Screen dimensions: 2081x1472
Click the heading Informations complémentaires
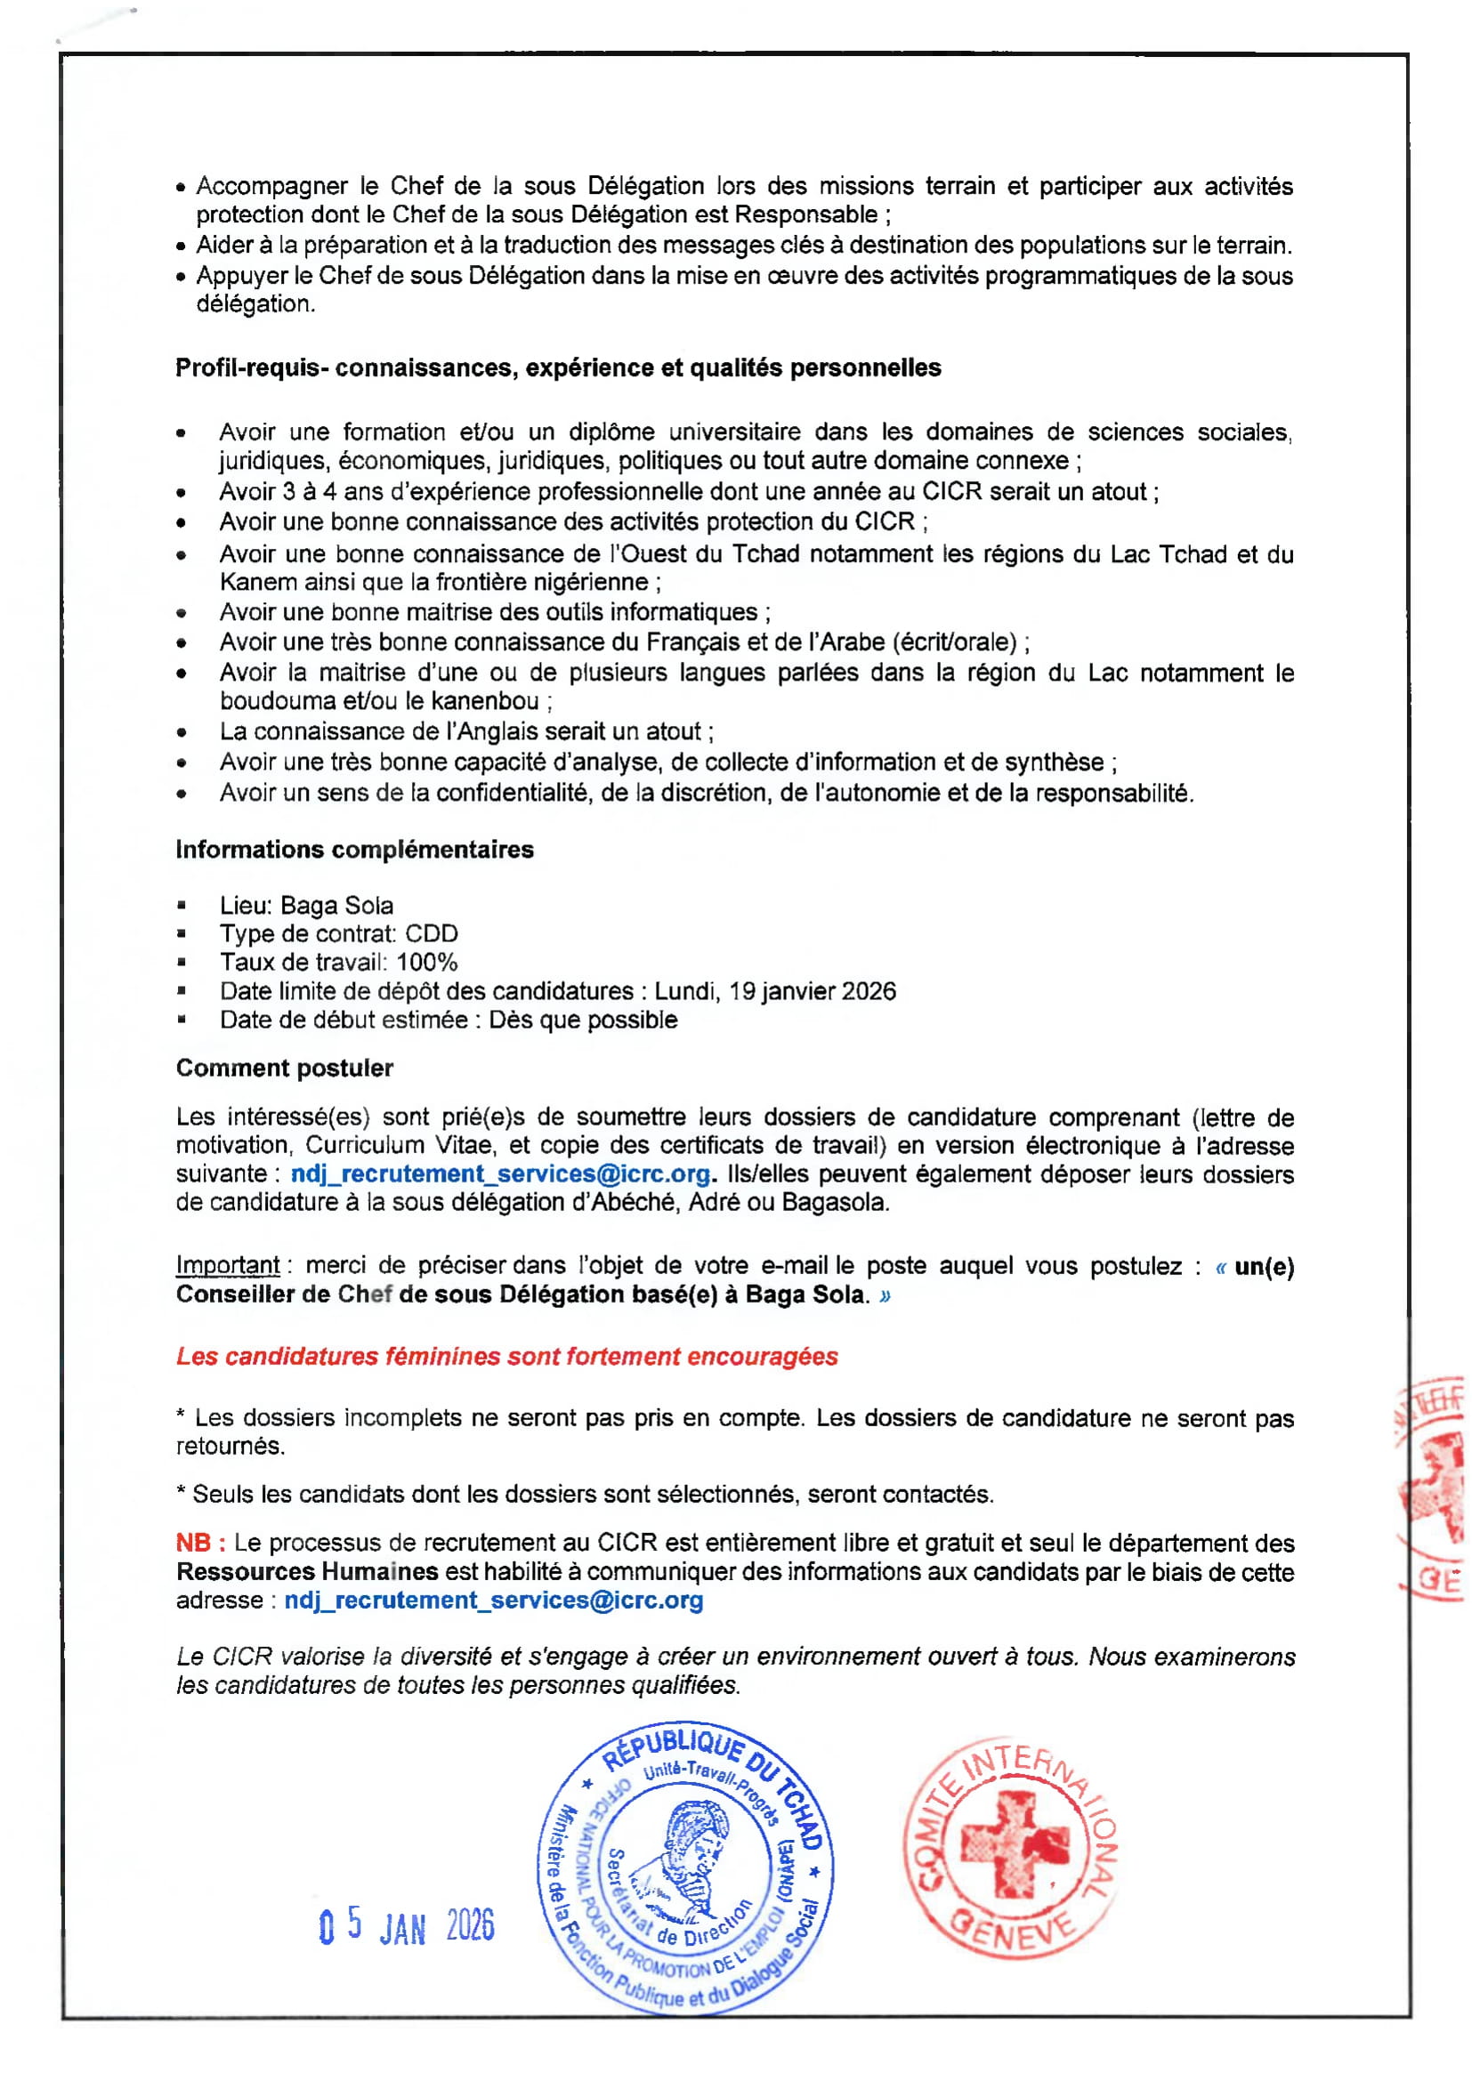click(354, 850)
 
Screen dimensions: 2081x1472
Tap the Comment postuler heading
click(285, 1068)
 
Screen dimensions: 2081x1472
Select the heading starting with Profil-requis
click(558, 368)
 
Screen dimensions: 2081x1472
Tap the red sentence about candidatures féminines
click(506, 1356)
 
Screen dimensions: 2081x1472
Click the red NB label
click(199, 1543)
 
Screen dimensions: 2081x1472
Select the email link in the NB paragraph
click(494, 1600)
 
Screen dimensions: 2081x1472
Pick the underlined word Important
click(228, 1265)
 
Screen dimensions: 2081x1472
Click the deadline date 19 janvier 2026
click(813, 990)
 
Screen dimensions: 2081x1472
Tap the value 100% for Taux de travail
click(427, 962)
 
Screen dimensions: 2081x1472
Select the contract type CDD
click(432, 933)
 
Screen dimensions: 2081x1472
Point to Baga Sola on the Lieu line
click(336, 906)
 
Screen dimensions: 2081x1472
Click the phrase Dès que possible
click(583, 1020)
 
